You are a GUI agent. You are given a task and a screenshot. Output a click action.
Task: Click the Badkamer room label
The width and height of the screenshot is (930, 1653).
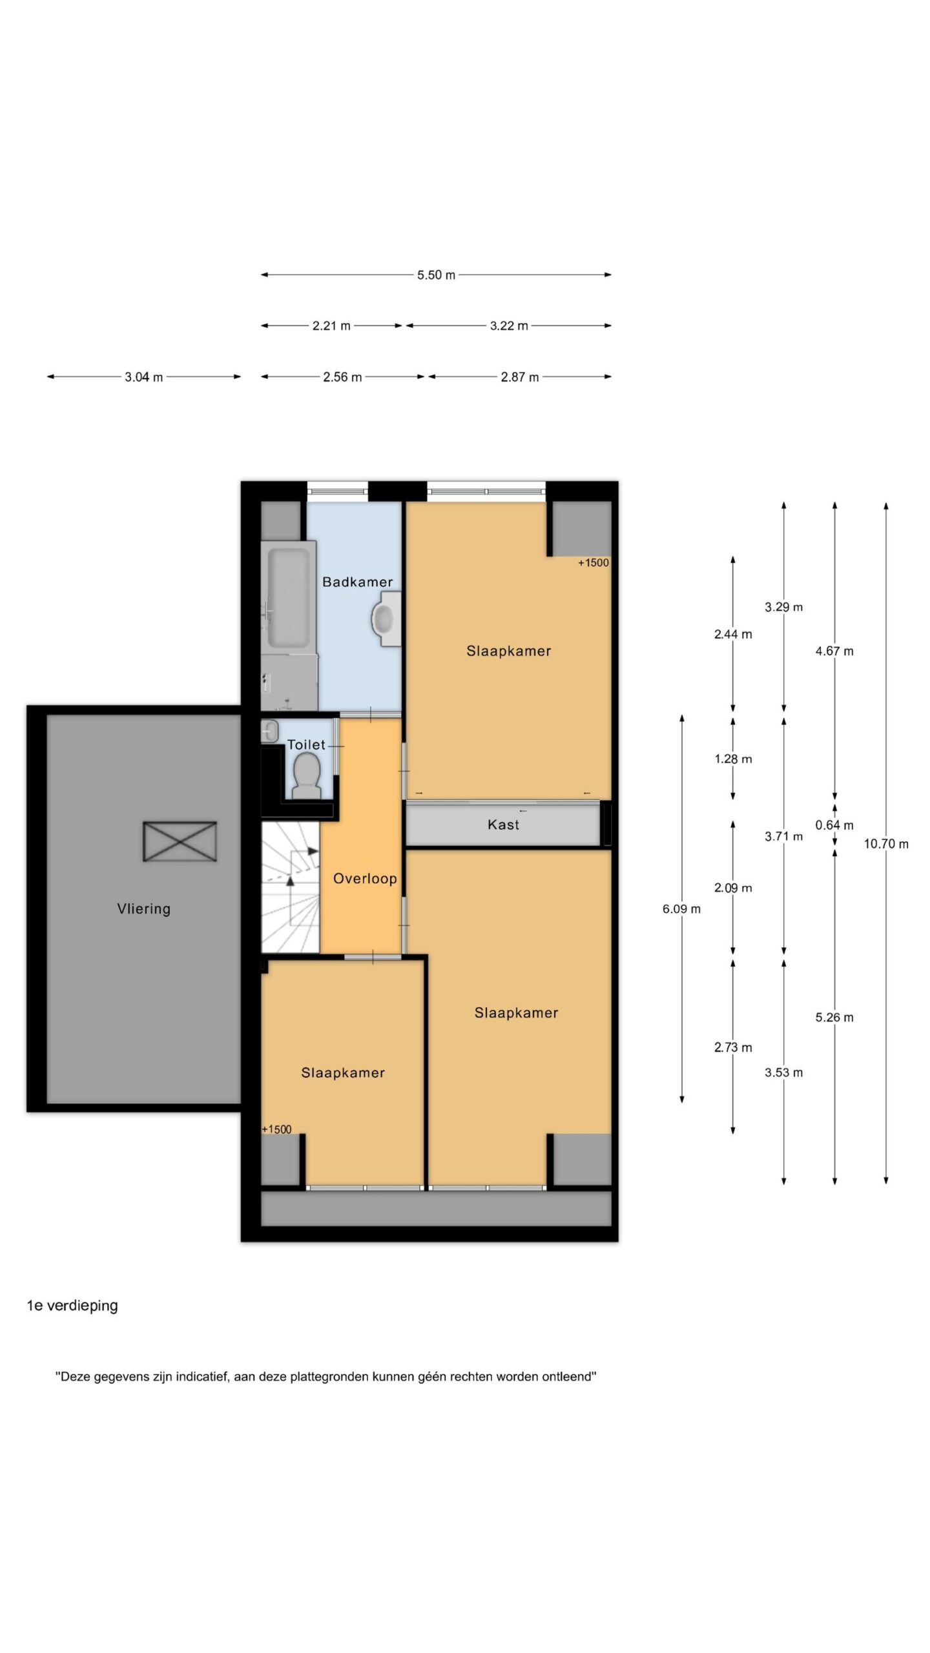point(357,582)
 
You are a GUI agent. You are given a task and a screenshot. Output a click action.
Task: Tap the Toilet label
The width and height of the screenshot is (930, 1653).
point(306,744)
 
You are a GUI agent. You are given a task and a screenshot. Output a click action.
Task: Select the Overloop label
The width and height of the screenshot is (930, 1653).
point(365,879)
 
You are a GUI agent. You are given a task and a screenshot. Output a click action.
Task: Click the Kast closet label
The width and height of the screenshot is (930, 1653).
point(503,825)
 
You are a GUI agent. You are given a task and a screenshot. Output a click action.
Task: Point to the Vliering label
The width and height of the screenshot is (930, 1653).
point(144,909)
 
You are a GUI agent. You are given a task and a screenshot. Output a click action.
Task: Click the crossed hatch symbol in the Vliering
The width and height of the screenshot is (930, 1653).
point(180,841)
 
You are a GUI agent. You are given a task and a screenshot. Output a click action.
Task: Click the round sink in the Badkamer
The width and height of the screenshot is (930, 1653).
point(385,620)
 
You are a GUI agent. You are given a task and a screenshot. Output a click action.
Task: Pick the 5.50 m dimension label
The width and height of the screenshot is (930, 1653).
point(436,275)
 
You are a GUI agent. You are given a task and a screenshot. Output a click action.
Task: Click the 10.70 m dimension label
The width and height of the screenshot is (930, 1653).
point(886,844)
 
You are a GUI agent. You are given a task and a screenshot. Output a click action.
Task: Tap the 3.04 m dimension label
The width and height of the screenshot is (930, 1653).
point(144,377)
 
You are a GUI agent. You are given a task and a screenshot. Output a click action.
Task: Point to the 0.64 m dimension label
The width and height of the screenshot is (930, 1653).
point(834,825)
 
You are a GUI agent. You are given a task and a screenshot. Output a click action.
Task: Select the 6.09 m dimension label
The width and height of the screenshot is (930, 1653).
point(681,909)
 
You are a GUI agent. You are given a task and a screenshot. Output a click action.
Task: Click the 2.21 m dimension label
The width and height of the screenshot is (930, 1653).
point(331,326)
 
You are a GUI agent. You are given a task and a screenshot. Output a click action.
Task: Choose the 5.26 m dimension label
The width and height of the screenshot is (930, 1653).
point(834,1018)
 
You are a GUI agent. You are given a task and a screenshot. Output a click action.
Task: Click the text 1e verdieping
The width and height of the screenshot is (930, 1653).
point(72,1306)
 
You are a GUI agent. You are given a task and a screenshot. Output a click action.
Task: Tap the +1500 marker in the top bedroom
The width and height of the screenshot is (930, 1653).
point(593,562)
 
